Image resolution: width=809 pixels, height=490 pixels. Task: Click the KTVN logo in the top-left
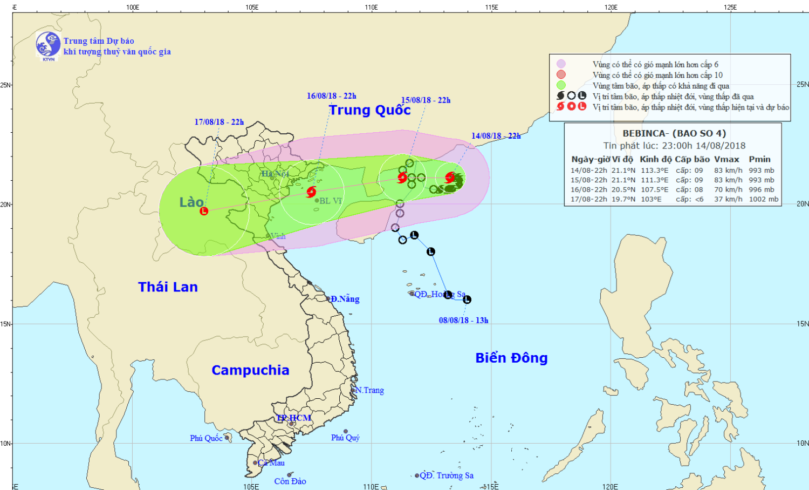(x=48, y=45)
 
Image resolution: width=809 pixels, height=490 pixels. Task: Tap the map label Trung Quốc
(x=370, y=110)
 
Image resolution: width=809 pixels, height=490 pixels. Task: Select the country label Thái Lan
(x=168, y=287)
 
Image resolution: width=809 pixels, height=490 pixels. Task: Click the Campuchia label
(x=250, y=370)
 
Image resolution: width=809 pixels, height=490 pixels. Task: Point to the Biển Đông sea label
(x=511, y=358)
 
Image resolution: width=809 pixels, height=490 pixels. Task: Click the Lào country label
(x=191, y=202)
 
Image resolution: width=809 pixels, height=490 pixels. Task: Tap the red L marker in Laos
(x=204, y=211)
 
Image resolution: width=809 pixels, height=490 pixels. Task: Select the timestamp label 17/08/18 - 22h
(x=219, y=122)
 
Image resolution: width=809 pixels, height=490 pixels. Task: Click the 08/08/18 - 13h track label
(x=463, y=321)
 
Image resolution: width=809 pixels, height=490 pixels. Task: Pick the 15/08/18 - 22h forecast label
(x=426, y=100)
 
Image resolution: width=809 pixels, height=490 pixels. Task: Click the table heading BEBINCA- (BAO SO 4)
(x=674, y=133)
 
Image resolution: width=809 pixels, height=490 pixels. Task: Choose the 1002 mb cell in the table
(x=763, y=199)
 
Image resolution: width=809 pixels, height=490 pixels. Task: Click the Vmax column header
(x=726, y=159)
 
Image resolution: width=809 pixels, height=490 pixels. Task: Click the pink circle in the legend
(x=561, y=64)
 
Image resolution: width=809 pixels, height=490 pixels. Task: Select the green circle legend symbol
(x=561, y=85)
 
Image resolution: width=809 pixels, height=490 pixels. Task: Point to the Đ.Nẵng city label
(x=345, y=299)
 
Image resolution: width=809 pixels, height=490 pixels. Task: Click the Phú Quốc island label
(x=206, y=438)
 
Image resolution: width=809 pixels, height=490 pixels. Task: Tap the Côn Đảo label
(x=290, y=481)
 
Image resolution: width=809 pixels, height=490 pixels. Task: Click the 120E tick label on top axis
(x=611, y=8)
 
